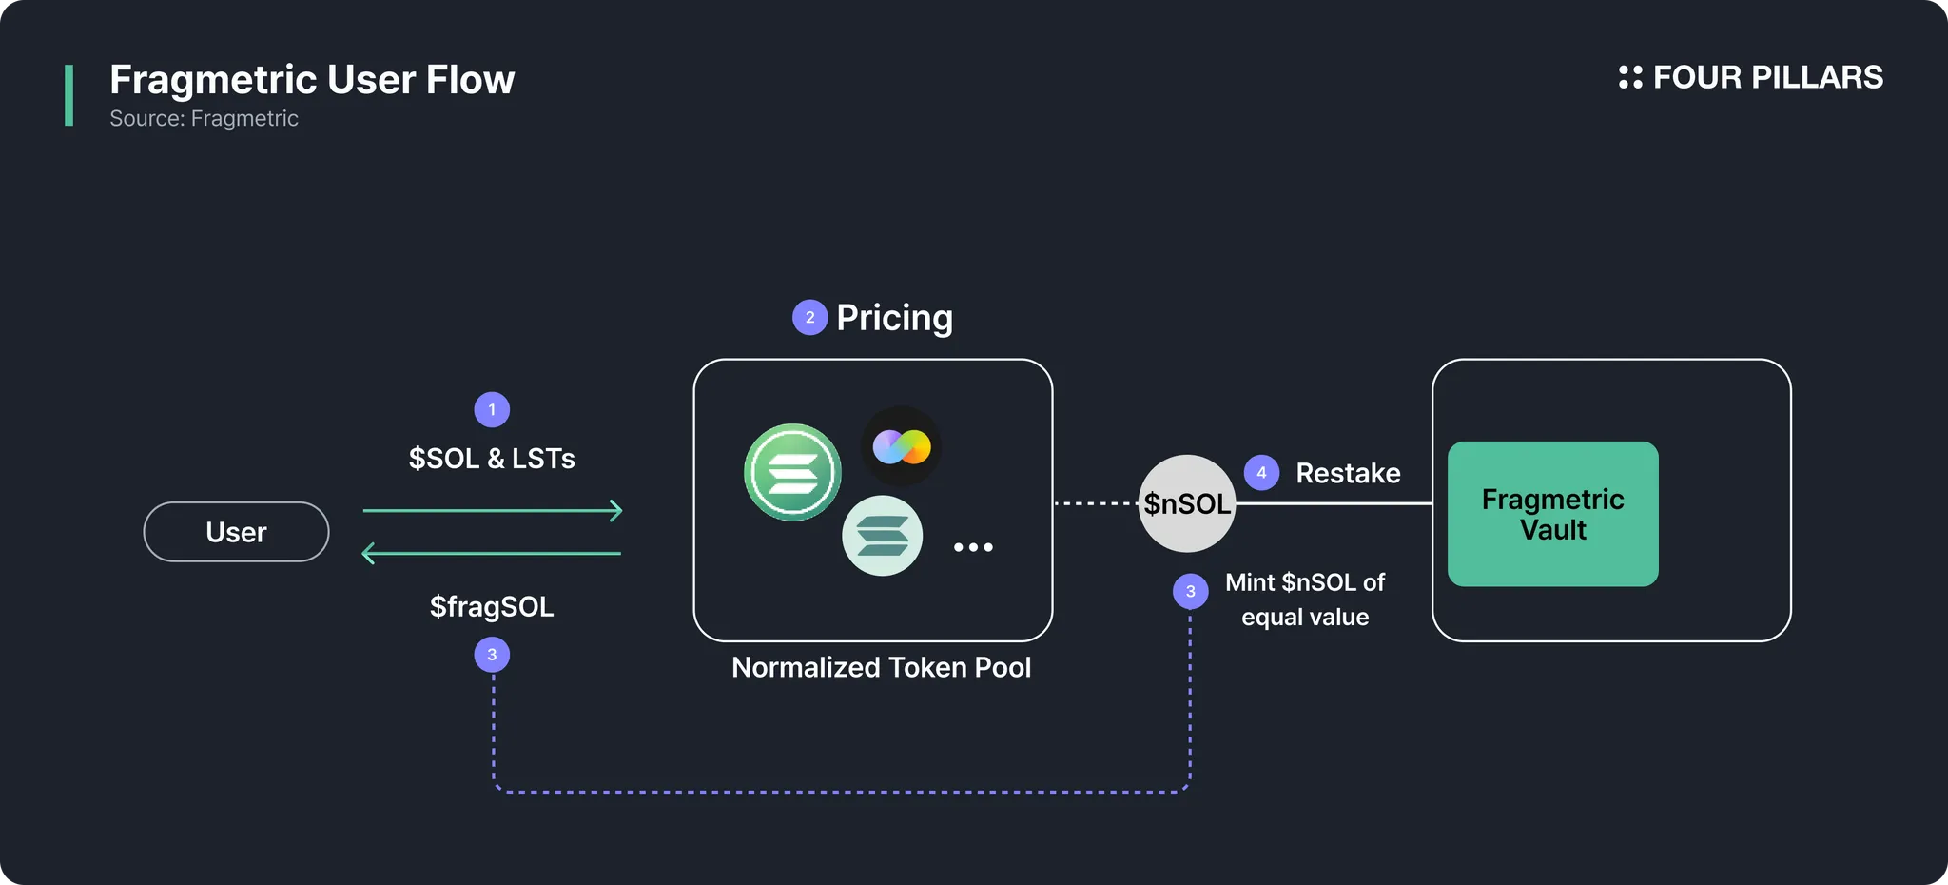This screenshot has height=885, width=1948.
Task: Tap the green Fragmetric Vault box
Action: coord(1552,514)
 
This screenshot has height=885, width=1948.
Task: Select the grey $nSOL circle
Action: coord(1187,503)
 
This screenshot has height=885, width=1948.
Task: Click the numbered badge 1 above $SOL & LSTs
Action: coord(492,410)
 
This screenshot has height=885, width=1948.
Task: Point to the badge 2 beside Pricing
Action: coord(809,318)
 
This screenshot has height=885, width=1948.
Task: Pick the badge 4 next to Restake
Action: coord(1261,472)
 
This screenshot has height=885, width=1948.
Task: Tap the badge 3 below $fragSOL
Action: coord(492,655)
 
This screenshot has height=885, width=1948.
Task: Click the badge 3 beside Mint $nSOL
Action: coord(1190,591)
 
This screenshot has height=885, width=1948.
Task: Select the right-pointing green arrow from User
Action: coord(493,511)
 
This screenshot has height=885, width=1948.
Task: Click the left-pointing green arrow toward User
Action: coord(492,553)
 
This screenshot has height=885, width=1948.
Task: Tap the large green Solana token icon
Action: coord(792,472)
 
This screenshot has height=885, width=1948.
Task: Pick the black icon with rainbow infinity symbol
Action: coord(902,446)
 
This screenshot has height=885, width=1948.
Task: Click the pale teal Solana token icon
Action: coord(882,536)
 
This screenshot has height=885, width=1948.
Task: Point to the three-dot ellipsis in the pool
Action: coord(973,547)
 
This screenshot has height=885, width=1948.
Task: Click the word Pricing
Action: coord(894,318)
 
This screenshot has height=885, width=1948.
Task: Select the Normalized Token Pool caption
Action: coord(881,667)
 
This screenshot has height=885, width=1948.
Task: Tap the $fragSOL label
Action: coord(492,606)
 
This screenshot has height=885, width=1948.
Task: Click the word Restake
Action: coord(1348,473)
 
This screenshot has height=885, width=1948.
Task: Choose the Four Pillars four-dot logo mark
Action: coord(1630,77)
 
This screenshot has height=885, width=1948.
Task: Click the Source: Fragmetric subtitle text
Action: coord(204,118)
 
